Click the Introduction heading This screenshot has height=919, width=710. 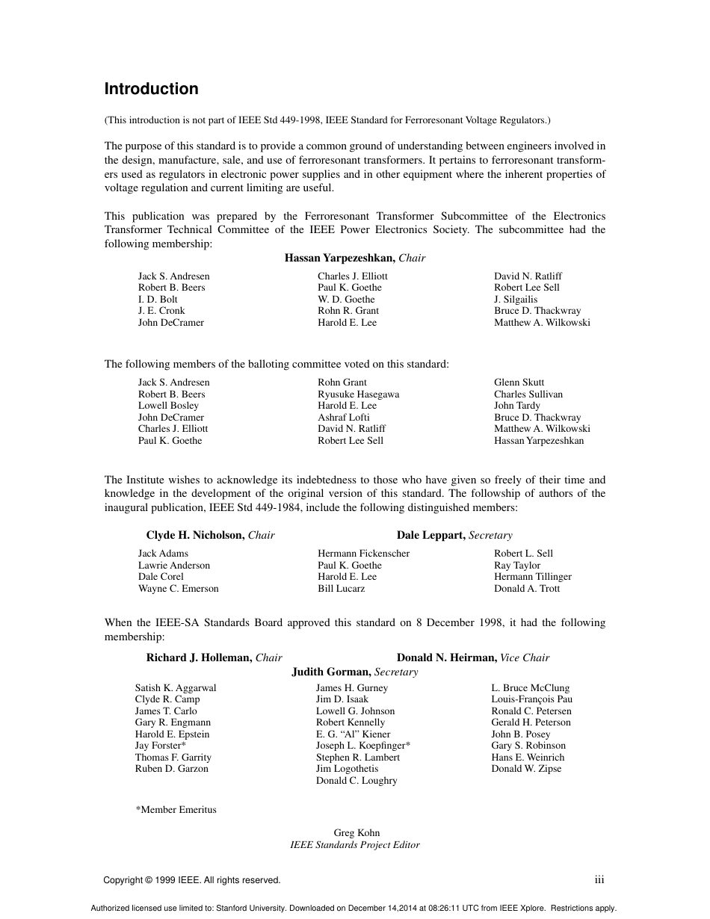151,89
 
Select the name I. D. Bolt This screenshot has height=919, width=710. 158,300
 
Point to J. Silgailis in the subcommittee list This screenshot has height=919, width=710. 516,300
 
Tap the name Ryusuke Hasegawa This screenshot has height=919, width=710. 358,394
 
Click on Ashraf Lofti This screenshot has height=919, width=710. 343,418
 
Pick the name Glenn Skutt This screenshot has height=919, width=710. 519,383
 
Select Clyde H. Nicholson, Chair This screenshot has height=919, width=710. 210,535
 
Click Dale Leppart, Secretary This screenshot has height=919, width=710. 454,535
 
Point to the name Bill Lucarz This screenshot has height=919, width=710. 341,589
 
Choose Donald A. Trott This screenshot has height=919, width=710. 526,589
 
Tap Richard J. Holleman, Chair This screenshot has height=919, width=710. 214,657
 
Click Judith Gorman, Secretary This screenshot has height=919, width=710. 354,672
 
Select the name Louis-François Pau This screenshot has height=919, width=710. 531,699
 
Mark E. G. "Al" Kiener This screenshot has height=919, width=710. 353,734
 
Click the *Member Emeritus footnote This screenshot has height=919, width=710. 176,809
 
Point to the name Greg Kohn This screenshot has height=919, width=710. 356,833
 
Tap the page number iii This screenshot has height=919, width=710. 599,880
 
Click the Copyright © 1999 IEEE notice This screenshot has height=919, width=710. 192,880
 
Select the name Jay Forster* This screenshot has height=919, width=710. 160,746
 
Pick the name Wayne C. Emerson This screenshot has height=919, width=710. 178,589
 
